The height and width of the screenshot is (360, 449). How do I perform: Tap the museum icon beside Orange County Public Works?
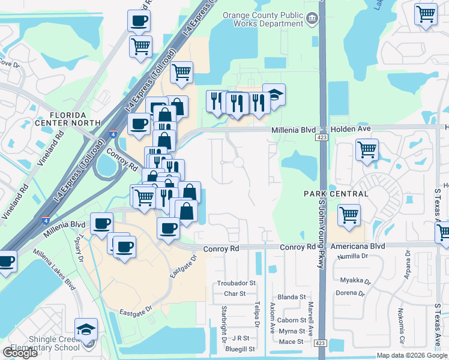point(312,19)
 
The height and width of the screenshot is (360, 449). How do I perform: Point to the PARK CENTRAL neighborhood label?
point(336,194)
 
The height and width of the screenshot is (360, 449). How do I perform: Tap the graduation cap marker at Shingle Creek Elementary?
point(86,330)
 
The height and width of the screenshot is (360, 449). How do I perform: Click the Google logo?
point(20,353)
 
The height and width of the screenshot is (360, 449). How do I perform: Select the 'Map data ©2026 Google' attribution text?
point(412,355)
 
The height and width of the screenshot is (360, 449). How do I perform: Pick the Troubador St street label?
point(236,283)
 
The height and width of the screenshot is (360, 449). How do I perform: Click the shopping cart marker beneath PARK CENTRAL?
point(349,215)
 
